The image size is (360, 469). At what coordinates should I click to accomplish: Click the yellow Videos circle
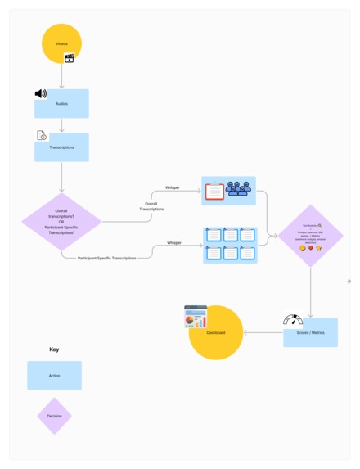tap(61, 43)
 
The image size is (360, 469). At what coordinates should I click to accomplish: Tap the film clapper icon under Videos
tap(70, 58)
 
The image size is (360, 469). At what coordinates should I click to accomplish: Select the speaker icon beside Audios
tap(41, 94)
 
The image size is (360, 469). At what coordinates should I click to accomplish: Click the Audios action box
tap(61, 104)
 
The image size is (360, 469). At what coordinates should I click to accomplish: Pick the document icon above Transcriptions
tap(41, 135)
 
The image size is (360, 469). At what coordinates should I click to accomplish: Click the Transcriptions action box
tap(61, 147)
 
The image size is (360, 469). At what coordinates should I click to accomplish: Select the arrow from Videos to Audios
tap(61, 76)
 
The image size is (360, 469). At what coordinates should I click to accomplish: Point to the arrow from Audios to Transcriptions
tap(61, 125)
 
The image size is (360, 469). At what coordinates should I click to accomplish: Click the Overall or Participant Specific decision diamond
tap(61, 221)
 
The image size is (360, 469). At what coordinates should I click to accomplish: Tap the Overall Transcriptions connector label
tap(151, 206)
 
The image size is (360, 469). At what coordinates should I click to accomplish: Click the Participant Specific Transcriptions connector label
tap(107, 258)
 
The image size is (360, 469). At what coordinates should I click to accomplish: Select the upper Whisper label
tap(173, 187)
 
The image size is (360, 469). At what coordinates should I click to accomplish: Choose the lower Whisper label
tap(174, 242)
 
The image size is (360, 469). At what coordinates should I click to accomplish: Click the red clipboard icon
tap(214, 191)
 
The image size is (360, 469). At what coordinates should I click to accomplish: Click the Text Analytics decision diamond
tap(311, 236)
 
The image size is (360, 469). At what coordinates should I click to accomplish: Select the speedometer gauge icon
tap(293, 319)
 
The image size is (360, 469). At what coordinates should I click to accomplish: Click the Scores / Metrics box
tap(310, 332)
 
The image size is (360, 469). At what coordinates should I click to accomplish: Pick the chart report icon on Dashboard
tap(196, 316)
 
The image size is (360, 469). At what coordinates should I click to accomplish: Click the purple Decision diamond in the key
tap(54, 416)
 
